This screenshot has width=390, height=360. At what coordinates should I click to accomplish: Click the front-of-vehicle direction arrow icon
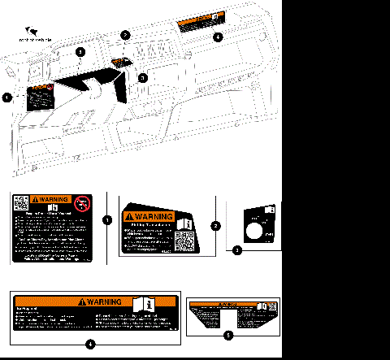click(x=32, y=27)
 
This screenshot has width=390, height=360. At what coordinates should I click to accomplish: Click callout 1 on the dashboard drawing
click(x=7, y=98)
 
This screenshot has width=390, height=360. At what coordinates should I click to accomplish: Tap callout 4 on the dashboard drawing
click(x=217, y=37)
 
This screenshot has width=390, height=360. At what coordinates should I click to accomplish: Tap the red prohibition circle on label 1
click(x=82, y=204)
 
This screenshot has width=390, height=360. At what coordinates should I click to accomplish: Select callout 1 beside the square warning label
click(x=107, y=219)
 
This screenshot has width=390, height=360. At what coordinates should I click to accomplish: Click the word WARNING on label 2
click(x=152, y=217)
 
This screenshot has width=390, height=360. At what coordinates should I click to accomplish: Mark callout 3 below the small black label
click(x=236, y=251)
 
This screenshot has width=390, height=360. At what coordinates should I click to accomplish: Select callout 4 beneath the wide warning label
click(x=90, y=344)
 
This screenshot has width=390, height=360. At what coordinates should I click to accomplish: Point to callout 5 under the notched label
click(x=227, y=334)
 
